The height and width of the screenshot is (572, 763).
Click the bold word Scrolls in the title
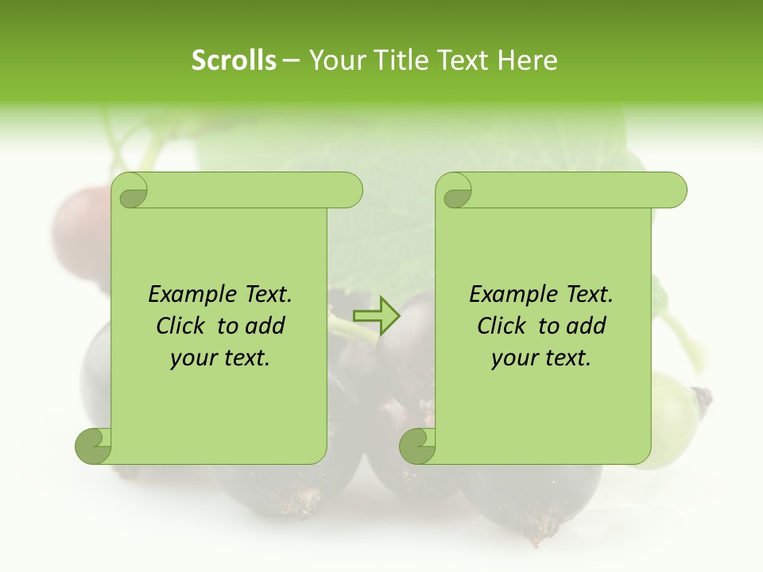pos(234,60)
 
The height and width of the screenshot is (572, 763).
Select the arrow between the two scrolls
pos(376,316)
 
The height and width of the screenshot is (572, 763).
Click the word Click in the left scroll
pos(180,327)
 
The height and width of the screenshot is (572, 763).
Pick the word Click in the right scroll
pos(501,327)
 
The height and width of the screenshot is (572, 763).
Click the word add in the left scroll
pos(265,327)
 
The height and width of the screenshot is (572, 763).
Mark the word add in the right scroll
pos(587,327)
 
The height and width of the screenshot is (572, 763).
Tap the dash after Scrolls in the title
pos(291,61)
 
